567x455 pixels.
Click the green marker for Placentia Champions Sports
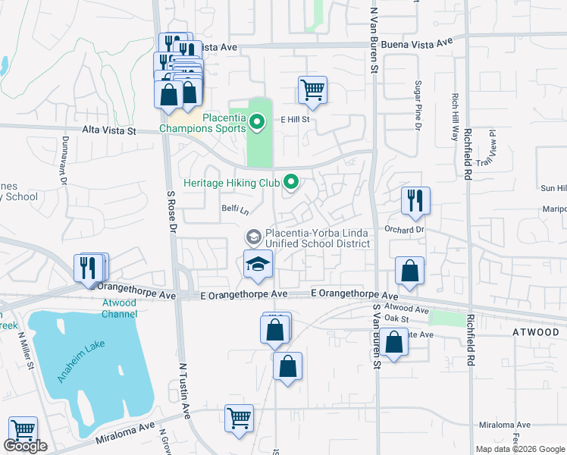[257, 121]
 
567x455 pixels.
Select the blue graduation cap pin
[258, 265]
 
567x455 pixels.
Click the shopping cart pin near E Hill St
[312, 89]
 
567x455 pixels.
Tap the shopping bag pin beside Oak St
[393, 341]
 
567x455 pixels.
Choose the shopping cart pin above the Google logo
[23, 430]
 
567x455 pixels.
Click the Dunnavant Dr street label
[64, 162]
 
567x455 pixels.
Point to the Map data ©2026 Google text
[520, 449]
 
